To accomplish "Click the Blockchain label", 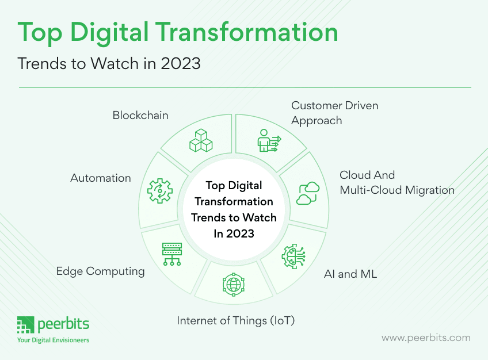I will click(140, 115).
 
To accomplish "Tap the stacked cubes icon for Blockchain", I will click(201, 140).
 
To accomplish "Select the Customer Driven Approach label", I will click(334, 113).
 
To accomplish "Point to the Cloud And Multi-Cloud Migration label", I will click(397, 182).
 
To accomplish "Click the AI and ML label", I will click(350, 274).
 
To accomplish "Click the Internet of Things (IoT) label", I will click(236, 320).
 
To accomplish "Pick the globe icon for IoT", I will click(234, 284).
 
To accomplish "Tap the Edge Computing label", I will click(100, 271).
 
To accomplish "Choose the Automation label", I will click(101, 178).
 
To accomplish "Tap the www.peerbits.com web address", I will click(426, 338).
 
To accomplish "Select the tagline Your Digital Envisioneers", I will click(53, 340).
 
